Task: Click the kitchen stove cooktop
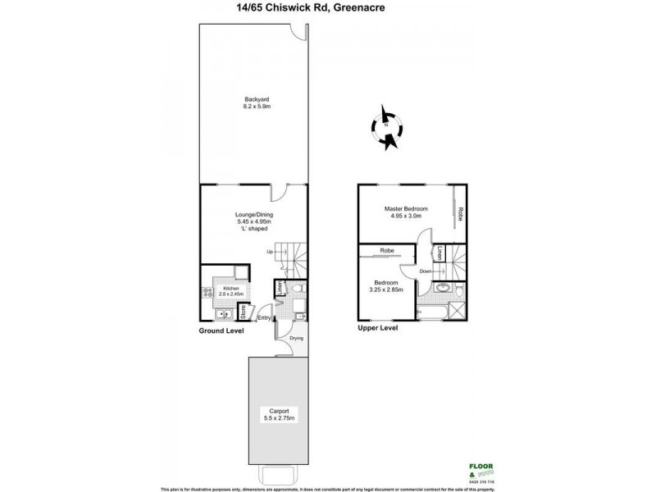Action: (205, 292)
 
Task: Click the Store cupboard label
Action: (243, 312)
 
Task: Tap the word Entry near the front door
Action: (264, 318)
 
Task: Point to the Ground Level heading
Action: (221, 330)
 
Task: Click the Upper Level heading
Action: (378, 328)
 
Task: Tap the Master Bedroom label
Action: (407, 209)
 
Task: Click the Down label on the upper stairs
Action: (426, 271)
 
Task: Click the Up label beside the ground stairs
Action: (269, 252)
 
